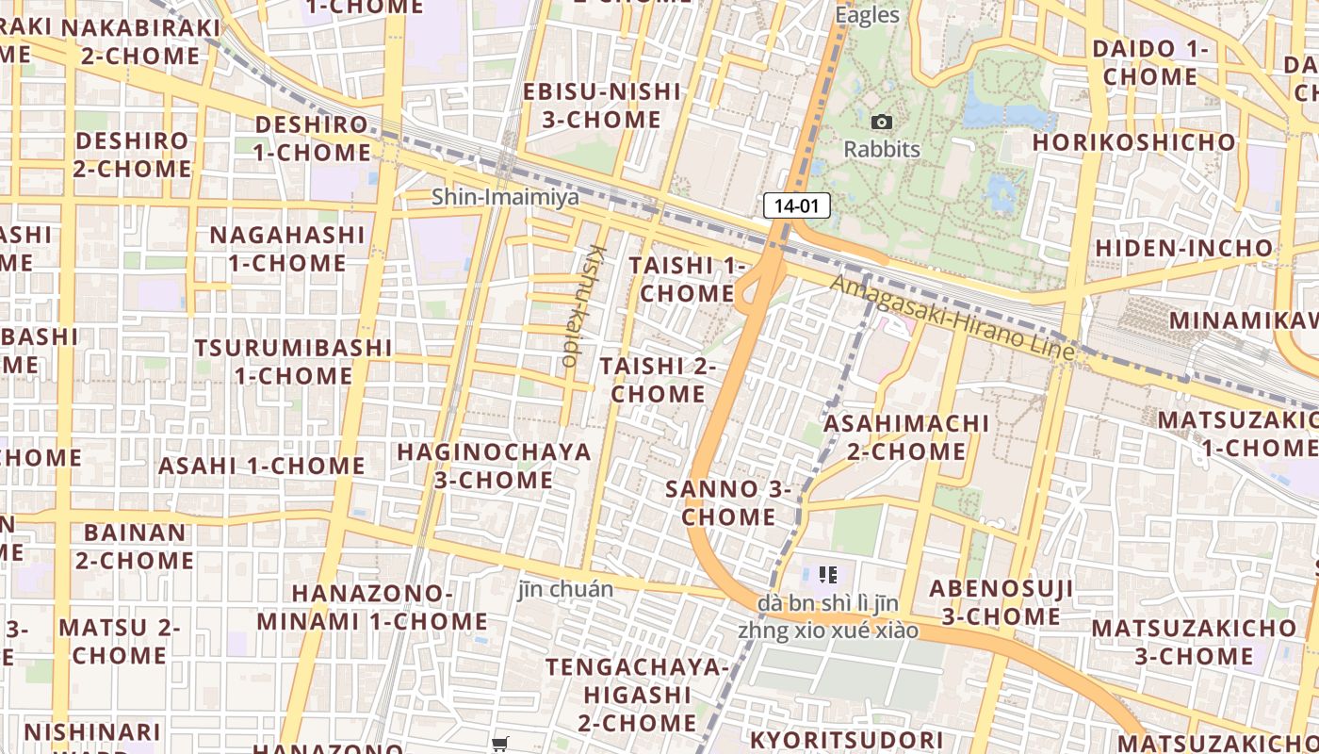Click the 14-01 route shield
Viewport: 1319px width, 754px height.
point(796,205)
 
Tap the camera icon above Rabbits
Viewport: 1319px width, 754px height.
point(882,122)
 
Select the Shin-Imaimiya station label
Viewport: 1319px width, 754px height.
point(505,197)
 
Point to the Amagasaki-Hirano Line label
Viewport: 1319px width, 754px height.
point(953,317)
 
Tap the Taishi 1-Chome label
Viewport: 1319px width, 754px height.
point(687,279)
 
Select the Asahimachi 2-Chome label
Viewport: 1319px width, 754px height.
point(906,437)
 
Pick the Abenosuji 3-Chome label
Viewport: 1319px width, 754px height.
point(1001,602)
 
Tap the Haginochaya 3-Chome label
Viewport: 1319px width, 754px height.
point(494,466)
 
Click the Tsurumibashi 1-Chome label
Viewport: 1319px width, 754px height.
point(293,361)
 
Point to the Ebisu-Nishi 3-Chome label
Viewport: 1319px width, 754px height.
point(602,106)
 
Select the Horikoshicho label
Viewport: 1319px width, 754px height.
point(1134,142)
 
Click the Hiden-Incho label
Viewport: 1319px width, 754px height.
point(1183,248)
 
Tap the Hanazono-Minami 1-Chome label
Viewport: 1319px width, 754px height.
point(372,607)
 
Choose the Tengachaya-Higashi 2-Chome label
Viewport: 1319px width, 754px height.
point(638,695)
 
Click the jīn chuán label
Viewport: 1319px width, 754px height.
point(565,590)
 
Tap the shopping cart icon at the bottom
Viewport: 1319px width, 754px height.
point(500,744)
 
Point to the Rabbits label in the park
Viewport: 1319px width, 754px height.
point(882,149)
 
